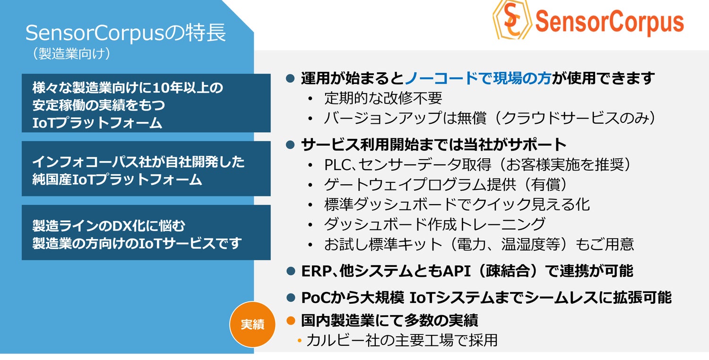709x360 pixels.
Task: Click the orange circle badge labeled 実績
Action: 252,324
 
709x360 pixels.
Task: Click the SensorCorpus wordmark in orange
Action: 610,22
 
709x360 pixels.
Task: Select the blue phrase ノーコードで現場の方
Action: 478,78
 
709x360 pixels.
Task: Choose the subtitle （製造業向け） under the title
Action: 71,53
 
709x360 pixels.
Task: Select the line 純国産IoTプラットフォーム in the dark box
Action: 117,180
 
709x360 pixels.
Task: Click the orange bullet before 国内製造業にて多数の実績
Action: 291,320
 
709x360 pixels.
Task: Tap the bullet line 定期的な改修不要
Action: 383,98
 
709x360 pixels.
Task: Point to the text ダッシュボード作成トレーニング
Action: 435,224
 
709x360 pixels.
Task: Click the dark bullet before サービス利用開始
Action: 290,145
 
